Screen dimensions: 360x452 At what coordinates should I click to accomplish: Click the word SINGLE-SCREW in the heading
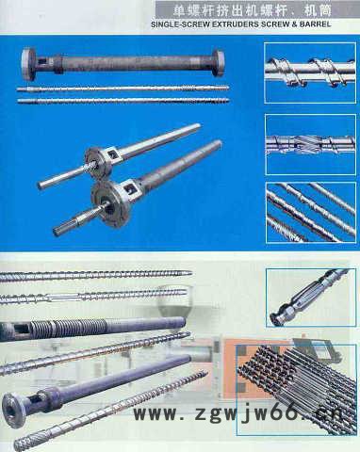pyautogui.click(x=180, y=24)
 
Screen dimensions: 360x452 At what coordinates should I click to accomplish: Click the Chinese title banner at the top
pyautogui.click(x=244, y=10)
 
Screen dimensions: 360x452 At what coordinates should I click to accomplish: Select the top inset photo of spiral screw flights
pyautogui.click(x=310, y=73)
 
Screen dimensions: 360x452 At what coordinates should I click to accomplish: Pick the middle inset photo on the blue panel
pyautogui.click(x=310, y=144)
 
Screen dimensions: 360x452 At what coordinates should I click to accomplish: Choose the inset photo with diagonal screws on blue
pyautogui.click(x=311, y=212)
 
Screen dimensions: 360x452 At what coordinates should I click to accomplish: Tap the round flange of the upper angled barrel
pyautogui.click(x=99, y=163)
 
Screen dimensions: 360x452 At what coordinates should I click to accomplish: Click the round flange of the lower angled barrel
pyautogui.click(x=111, y=203)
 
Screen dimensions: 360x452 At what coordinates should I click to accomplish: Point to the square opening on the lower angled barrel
pyautogui.click(x=129, y=188)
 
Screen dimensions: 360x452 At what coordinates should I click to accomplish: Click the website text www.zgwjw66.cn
pyautogui.click(x=237, y=413)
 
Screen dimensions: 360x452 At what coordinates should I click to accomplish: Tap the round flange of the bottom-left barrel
pyautogui.click(x=15, y=410)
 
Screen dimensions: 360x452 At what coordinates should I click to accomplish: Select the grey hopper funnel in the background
pyautogui.click(x=173, y=301)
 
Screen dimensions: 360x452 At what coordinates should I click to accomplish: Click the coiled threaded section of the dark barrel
pyautogui.click(x=68, y=329)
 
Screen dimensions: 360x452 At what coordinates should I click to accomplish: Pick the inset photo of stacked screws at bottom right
pyautogui.click(x=296, y=389)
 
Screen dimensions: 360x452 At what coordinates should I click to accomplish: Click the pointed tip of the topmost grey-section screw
pyautogui.click(x=190, y=273)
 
